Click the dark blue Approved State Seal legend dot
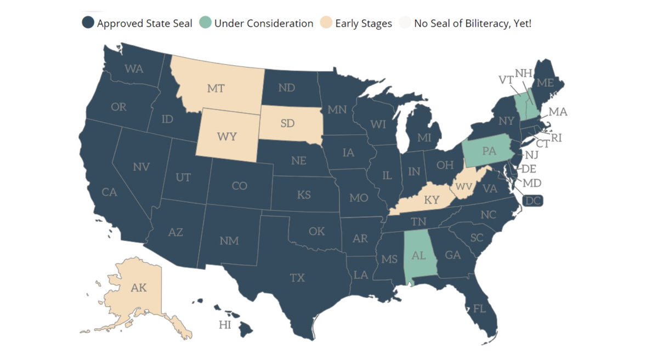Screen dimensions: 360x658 point(88,24)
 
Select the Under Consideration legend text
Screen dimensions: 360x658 point(264,24)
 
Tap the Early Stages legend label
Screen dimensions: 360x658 point(364,24)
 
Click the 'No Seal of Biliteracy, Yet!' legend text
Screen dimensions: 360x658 point(473,24)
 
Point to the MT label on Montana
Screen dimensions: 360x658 point(215,88)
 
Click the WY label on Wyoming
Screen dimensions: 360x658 point(227,136)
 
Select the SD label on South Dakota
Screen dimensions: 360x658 point(287,123)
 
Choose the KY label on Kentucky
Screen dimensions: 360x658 point(432,200)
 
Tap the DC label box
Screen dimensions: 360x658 point(532,201)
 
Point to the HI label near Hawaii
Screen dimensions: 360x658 point(225,325)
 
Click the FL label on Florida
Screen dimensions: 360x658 point(479,308)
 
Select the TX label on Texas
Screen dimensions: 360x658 point(297,278)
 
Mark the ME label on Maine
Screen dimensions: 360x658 point(544,83)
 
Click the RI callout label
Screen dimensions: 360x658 point(557,138)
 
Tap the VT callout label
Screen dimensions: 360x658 point(505,79)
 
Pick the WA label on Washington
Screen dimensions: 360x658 point(134,69)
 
